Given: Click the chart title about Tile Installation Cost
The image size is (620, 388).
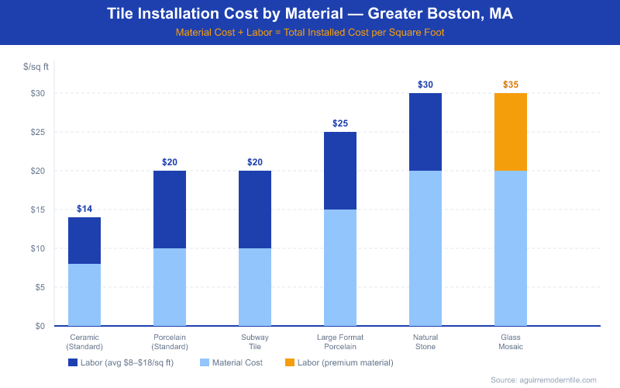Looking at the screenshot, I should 310,15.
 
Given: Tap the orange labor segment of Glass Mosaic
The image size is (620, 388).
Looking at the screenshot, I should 510,132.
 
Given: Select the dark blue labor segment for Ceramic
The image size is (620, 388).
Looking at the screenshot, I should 84,241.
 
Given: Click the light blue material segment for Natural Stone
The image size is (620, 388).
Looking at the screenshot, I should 425,248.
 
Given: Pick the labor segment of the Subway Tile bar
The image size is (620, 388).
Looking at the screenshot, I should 255,210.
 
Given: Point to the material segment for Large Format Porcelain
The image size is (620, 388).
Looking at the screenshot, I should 340,268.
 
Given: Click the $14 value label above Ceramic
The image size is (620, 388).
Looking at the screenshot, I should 84,209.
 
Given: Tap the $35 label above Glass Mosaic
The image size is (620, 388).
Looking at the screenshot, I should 511,85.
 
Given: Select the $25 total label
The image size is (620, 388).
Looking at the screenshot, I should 340,123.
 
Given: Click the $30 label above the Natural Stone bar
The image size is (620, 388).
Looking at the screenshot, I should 425,85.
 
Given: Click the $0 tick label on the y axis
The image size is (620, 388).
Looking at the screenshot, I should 38,326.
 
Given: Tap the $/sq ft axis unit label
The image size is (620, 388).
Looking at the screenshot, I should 36,68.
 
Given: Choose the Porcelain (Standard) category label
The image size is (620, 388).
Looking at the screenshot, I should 170,341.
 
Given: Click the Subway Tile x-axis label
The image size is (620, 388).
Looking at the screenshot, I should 255,341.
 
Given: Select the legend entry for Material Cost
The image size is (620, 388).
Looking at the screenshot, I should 232,362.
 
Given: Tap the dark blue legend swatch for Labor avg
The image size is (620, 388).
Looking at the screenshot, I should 73,362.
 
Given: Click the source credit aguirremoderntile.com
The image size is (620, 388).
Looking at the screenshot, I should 543,379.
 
